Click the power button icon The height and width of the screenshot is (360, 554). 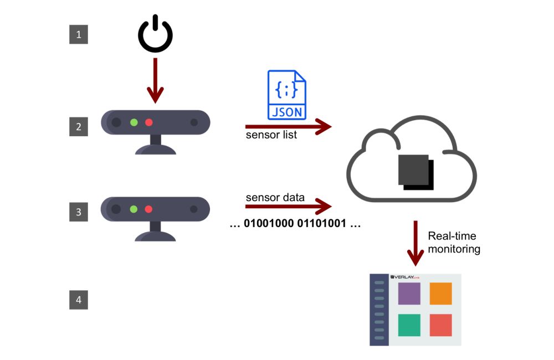(x=155, y=35)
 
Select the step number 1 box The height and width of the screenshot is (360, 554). (x=79, y=35)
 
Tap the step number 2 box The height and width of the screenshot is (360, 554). (x=79, y=127)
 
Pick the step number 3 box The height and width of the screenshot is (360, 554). (x=79, y=212)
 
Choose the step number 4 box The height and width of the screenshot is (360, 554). (x=79, y=300)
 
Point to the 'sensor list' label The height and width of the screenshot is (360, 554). (x=271, y=135)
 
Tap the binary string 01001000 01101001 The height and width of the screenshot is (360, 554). (x=295, y=225)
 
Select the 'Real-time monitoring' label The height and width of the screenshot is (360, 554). (x=454, y=243)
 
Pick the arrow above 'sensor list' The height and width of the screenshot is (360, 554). (x=288, y=127)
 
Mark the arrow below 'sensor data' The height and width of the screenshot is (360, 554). (x=288, y=207)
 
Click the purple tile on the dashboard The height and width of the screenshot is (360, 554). (x=409, y=294)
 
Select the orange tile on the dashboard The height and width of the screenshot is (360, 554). (x=440, y=294)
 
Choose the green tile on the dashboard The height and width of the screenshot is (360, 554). (x=409, y=325)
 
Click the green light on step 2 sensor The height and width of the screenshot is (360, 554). (x=134, y=122)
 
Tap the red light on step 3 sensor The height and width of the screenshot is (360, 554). (x=148, y=209)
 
